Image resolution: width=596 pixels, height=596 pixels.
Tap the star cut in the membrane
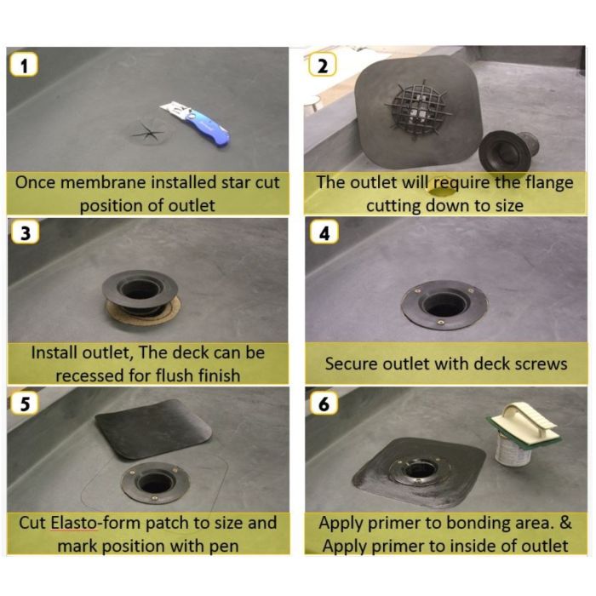click(x=146, y=132)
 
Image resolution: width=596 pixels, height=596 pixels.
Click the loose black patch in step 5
click(x=151, y=430)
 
